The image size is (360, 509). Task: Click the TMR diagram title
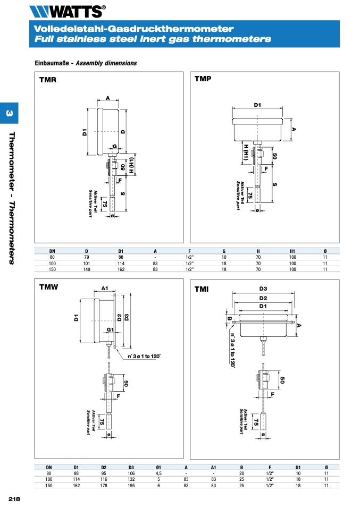(x=47, y=80)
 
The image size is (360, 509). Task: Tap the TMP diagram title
(x=203, y=79)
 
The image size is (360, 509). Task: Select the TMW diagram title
(x=48, y=287)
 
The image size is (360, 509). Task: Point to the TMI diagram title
(x=202, y=290)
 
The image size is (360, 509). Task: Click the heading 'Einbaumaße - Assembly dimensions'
(x=86, y=63)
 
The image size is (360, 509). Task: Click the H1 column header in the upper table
(x=292, y=251)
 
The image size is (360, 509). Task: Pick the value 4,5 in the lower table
(x=158, y=473)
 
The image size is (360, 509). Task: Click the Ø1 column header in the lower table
(x=158, y=467)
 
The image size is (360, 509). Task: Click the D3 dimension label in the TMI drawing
(x=263, y=289)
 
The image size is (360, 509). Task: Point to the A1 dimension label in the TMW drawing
(x=105, y=289)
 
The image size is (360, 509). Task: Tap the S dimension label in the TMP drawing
(x=275, y=184)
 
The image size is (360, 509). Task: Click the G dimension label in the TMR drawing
(x=113, y=146)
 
